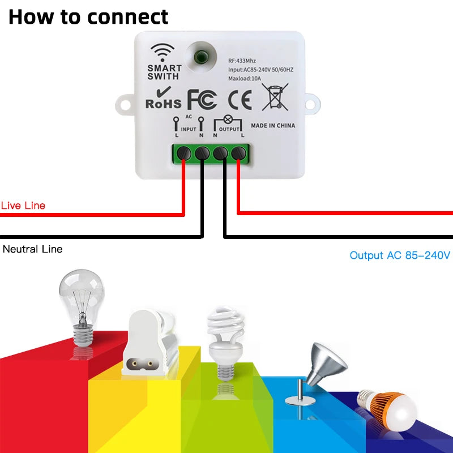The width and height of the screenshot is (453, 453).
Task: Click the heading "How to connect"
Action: pyautogui.click(x=88, y=16)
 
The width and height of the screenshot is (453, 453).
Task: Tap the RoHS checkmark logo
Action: pyautogui.click(x=164, y=97)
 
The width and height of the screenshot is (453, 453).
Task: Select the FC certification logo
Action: pyautogui.click(x=202, y=99)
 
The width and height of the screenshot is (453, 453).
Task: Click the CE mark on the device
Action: pyautogui.click(x=240, y=99)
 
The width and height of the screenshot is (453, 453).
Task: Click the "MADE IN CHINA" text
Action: pyautogui.click(x=273, y=126)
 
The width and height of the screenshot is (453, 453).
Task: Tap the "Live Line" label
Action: pyautogui.click(x=23, y=206)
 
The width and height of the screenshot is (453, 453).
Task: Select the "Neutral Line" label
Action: pyautogui.click(x=33, y=249)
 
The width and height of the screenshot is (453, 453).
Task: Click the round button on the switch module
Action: pyautogui.click(x=199, y=57)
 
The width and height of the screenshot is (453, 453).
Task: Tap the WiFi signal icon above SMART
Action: pyautogui.click(x=164, y=52)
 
